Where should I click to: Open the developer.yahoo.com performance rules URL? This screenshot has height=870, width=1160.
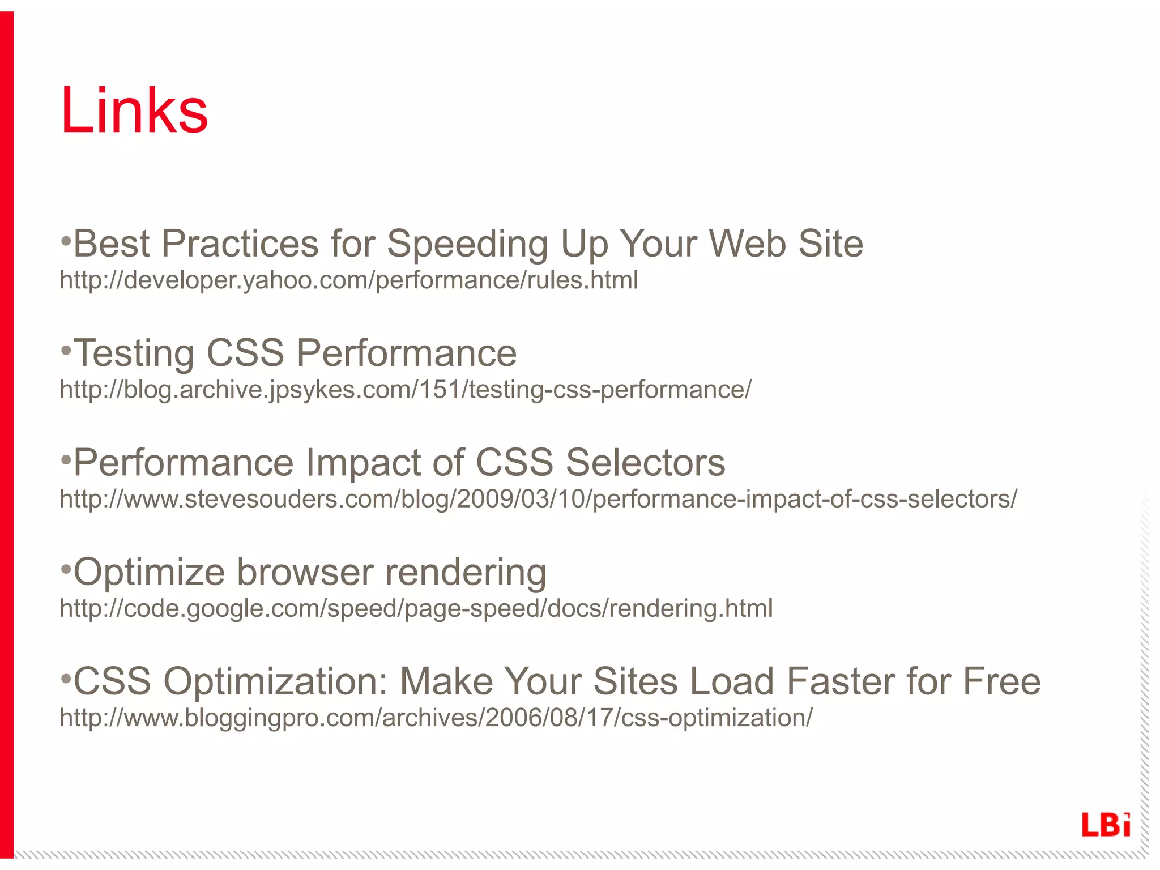349,280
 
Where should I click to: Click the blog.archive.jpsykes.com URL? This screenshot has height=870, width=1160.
406,390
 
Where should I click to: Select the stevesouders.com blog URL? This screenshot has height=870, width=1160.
538,499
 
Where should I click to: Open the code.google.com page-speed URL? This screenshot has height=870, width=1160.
416,608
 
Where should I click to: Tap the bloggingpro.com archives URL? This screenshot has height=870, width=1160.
436,718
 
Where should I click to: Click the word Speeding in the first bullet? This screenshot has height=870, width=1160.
467,244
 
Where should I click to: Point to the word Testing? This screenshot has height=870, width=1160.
134,353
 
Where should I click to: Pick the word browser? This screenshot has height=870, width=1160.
305,572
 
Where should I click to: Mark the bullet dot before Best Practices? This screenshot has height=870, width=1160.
66,242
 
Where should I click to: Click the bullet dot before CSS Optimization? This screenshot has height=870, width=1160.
66,679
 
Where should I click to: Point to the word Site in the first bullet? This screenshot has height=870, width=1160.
830,244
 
